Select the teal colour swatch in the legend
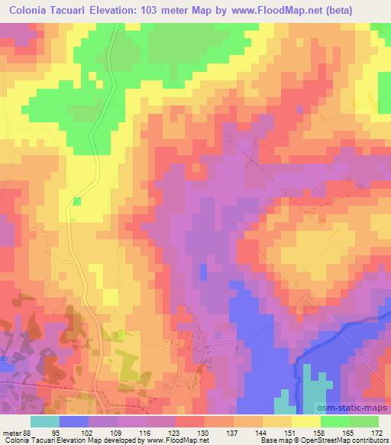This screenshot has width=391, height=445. click(x=45, y=421)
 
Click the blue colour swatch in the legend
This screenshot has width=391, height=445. click(x=75, y=421)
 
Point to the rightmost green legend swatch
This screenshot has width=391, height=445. click(x=364, y=421)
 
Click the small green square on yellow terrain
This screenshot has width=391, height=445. click(x=76, y=200)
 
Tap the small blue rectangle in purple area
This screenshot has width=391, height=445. click(x=203, y=271)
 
